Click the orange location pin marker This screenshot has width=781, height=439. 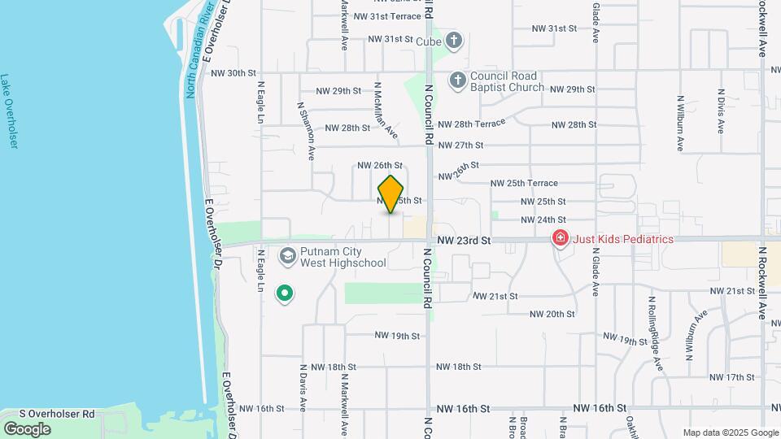[x=391, y=194]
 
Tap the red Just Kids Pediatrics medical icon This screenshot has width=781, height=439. [x=560, y=238]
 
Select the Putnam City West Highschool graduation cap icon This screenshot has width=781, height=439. [x=287, y=257]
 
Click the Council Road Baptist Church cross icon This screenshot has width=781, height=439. [x=458, y=80]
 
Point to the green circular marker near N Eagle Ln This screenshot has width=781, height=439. [x=284, y=293]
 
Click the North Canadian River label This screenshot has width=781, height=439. [x=199, y=50]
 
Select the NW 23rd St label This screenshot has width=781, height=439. [x=464, y=241]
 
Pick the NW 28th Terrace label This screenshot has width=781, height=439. [x=471, y=124]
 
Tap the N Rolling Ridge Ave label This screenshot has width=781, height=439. [x=656, y=333]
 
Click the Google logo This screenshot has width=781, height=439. [x=27, y=428]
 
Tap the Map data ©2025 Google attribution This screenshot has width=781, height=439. [x=730, y=432]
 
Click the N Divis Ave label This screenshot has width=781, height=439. [x=721, y=111]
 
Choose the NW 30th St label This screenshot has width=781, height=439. [x=233, y=72]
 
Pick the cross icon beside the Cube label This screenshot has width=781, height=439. [x=454, y=40]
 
